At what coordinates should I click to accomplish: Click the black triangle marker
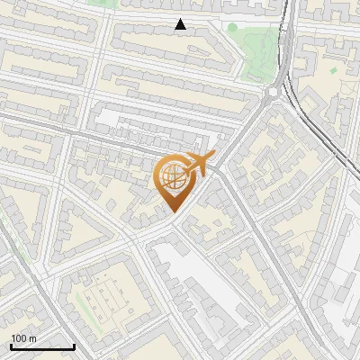[x=181, y=25]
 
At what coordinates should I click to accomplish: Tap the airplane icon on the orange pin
[x=198, y=164]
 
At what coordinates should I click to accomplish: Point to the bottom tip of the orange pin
[x=172, y=210]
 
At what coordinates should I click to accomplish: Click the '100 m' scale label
[x=23, y=338]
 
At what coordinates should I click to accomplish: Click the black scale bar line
[x=42, y=346]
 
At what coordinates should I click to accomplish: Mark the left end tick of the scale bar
[x=11, y=345]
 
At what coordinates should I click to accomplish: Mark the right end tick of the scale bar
[x=74, y=345]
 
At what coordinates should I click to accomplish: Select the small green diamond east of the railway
[x=333, y=69]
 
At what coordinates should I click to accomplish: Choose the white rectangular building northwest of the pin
[x=135, y=121]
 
